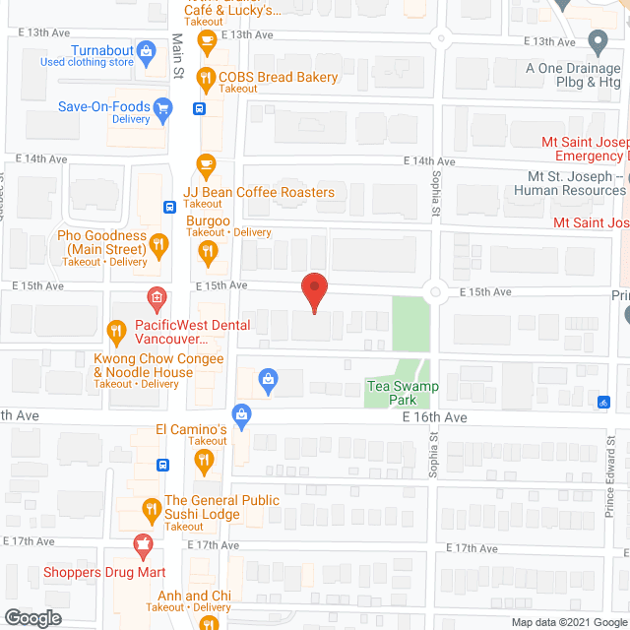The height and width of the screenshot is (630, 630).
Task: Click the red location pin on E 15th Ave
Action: coord(314,292)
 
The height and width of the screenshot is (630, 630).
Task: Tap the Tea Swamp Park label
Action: coord(402,393)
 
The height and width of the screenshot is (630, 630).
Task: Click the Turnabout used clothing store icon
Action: coord(147,50)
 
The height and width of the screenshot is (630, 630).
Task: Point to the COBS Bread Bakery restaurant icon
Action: coord(206,77)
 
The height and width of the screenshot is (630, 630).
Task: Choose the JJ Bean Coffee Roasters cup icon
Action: coord(206,162)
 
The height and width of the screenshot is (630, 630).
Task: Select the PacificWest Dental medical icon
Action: coord(155,297)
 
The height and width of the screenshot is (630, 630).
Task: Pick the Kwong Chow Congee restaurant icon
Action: coord(115,332)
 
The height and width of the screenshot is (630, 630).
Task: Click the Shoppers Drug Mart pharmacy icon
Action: coord(145,544)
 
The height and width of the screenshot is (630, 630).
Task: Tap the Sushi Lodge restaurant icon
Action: coord(151,510)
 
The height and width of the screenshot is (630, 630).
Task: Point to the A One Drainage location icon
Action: coord(597,42)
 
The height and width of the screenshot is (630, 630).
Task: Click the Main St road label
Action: coord(178,57)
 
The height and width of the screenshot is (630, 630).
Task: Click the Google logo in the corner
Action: coord(31,617)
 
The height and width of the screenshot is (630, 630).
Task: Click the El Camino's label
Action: coord(192,429)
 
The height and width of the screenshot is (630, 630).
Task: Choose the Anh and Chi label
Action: coord(196,596)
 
